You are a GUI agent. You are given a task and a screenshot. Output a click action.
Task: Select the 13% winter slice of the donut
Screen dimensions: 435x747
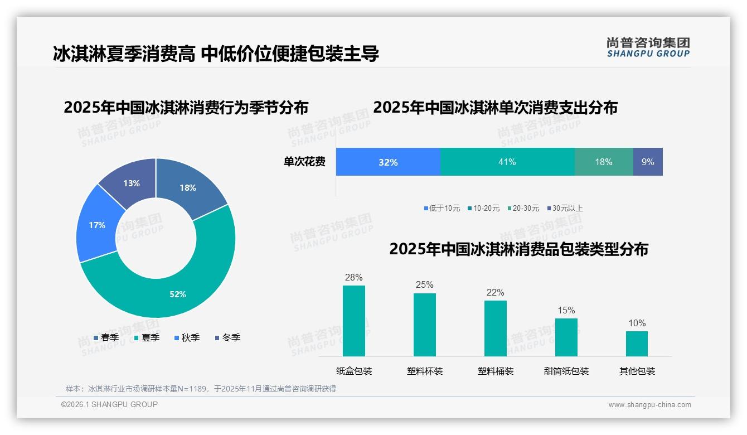[132, 183]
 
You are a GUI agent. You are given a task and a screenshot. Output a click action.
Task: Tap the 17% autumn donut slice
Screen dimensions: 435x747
[97, 225]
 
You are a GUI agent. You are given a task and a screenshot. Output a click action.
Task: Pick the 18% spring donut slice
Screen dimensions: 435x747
[188, 188]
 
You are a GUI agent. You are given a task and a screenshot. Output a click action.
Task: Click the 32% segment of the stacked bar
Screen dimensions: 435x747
[388, 162]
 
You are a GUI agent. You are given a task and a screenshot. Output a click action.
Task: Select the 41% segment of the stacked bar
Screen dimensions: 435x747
[507, 162]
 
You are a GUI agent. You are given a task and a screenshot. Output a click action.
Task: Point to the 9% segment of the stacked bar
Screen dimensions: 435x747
[647, 162]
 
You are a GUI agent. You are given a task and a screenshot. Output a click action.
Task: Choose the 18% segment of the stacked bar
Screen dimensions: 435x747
[603, 162]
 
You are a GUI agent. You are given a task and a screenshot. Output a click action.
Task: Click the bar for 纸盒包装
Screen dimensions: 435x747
[354, 321]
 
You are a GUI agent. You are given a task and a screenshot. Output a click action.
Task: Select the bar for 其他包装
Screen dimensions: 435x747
[637, 344]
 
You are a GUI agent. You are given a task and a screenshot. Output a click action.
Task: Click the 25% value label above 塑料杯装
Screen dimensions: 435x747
[424, 285]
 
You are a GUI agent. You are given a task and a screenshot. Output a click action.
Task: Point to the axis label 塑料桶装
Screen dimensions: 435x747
[495, 371]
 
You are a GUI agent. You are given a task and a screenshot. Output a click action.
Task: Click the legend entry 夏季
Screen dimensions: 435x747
[147, 337]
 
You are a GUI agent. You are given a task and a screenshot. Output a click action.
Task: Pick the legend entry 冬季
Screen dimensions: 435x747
[227, 337]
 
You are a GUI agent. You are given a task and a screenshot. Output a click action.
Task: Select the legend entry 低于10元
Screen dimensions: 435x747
[442, 208]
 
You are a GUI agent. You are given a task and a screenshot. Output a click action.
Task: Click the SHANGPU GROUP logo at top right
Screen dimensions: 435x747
[648, 47]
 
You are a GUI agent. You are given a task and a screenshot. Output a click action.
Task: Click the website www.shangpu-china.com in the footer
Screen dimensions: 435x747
[649, 404]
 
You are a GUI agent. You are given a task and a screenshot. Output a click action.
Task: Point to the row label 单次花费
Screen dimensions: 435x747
[304, 162]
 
